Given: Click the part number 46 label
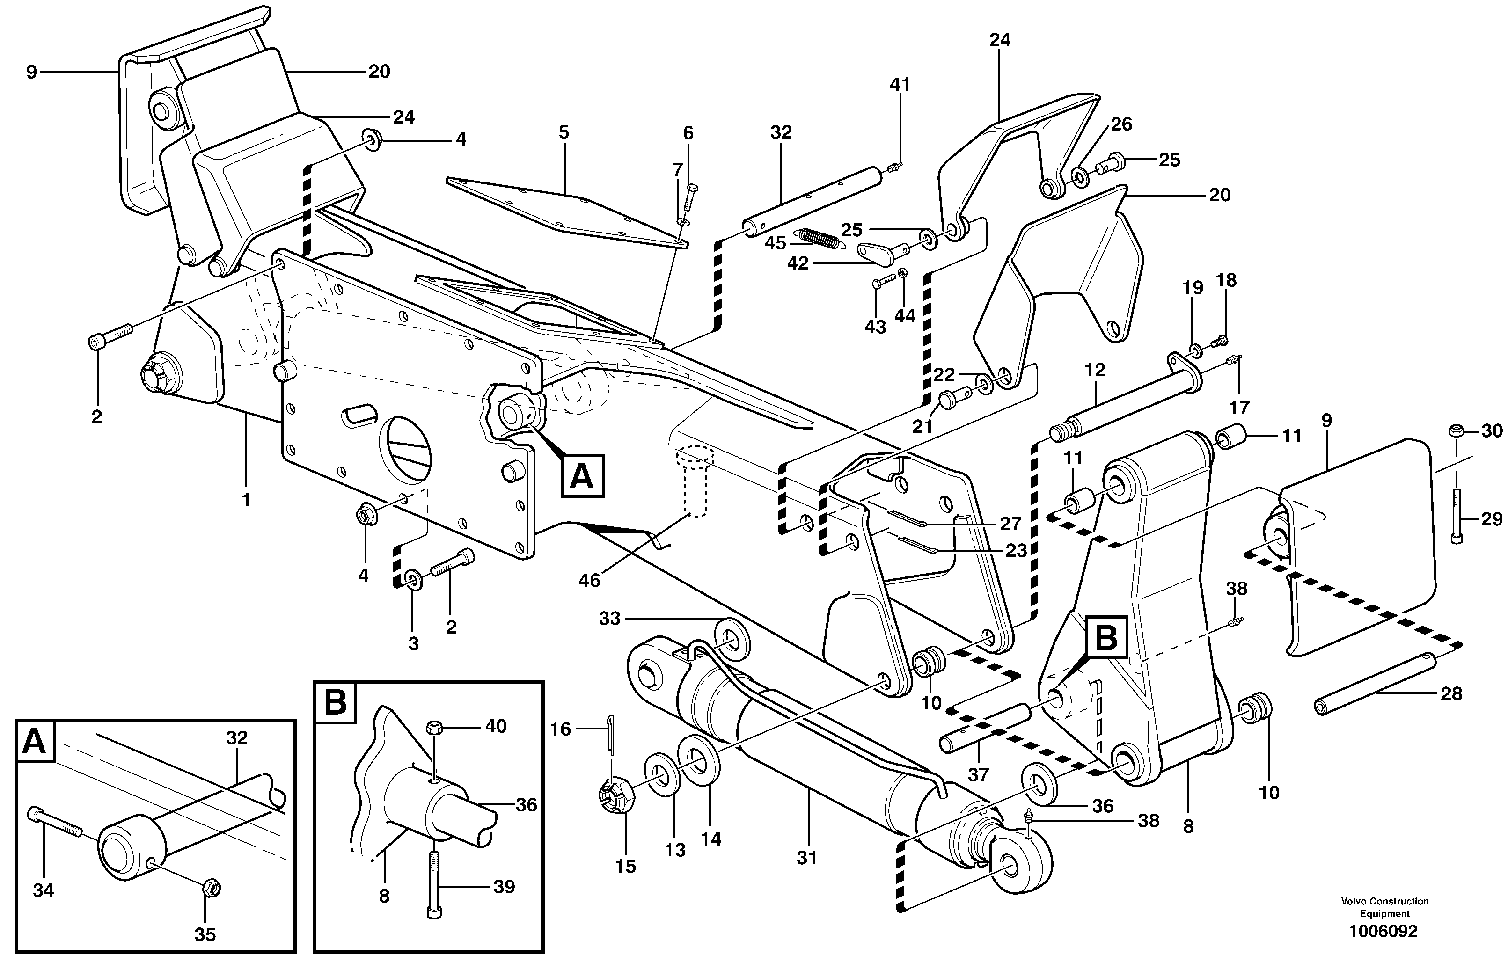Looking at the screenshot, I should tap(590, 580).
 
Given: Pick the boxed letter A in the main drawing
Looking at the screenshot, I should tap(581, 476).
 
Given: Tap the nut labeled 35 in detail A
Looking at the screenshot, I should tap(211, 888).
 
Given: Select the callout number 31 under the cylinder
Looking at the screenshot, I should tap(806, 858).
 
